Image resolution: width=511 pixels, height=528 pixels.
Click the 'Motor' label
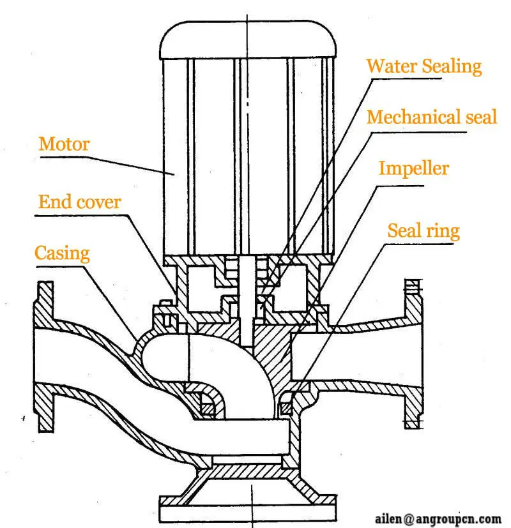click(x=64, y=143)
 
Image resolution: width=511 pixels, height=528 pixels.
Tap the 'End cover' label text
click(x=79, y=202)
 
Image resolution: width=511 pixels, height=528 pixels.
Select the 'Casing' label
click(x=62, y=253)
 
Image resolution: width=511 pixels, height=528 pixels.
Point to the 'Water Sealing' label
click(x=424, y=66)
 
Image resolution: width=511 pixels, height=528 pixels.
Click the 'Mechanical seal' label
click(x=432, y=117)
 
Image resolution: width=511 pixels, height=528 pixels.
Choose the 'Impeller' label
click(x=414, y=168)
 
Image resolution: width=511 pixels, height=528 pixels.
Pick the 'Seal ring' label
click(x=423, y=230)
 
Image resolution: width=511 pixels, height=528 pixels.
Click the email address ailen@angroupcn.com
click(x=437, y=518)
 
